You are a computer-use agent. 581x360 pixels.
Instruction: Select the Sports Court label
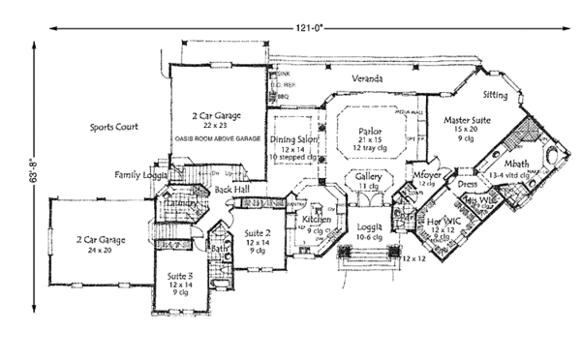[115, 127]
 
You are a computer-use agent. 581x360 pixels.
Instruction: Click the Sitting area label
[495, 96]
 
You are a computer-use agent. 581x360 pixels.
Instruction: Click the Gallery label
[367, 178]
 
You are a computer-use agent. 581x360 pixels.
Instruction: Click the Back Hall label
[232, 190]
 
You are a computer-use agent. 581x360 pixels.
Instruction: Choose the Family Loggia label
[141, 175]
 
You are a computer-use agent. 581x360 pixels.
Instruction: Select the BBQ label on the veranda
[284, 97]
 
